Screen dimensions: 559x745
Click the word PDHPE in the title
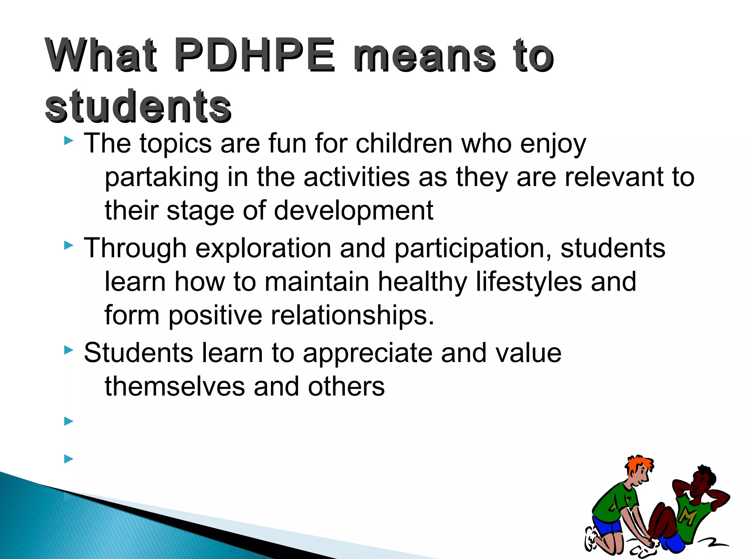(254, 56)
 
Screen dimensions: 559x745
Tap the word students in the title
(138, 106)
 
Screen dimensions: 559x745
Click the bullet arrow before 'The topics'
(68, 141)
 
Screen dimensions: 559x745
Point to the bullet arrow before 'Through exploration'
(68, 246)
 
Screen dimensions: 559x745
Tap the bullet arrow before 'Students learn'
(68, 350)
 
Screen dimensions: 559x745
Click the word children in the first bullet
(404, 143)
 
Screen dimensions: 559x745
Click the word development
(353, 211)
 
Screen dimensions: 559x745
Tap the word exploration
(263, 249)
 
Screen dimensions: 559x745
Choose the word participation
(473, 249)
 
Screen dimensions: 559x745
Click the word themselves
(175, 386)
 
